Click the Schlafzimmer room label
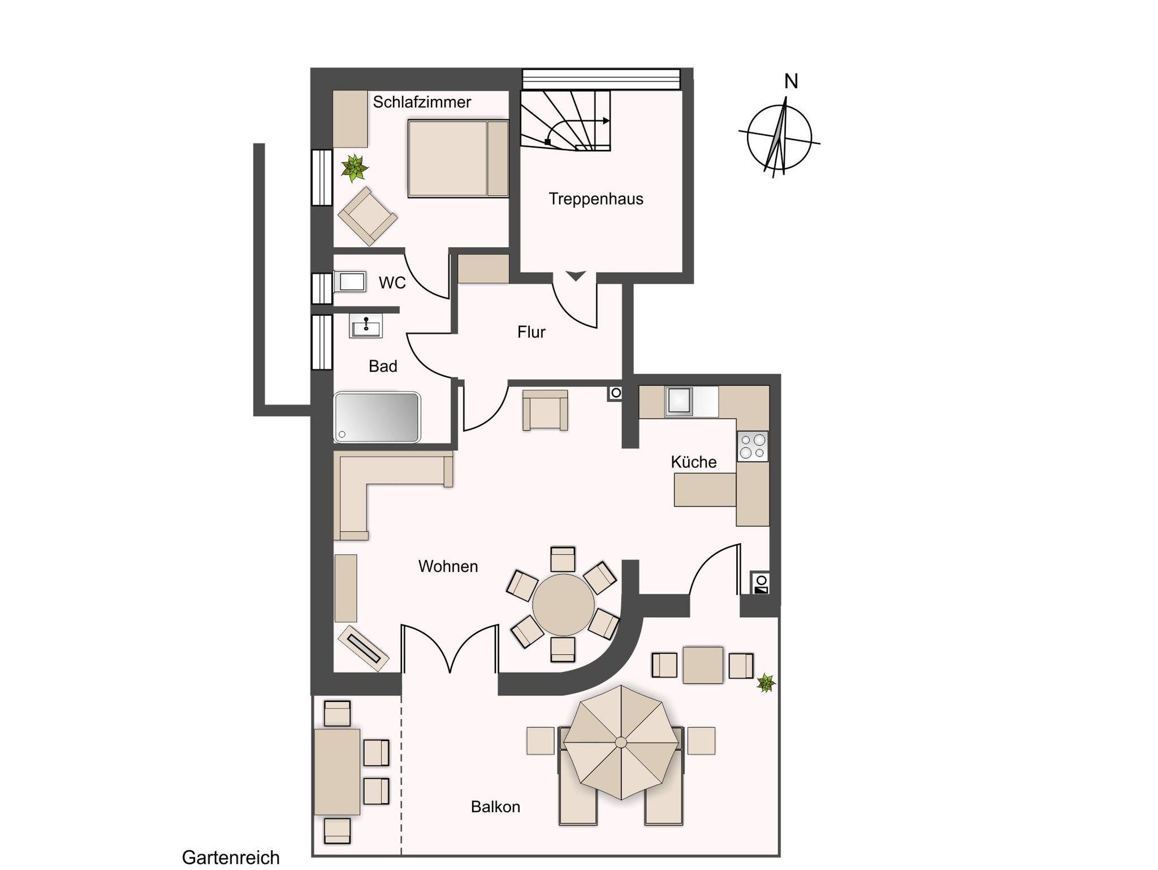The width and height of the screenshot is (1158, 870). (x=422, y=102)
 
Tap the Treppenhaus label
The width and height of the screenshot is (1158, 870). (x=596, y=199)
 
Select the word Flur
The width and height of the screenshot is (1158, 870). (x=531, y=332)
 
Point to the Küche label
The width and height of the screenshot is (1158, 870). (x=694, y=462)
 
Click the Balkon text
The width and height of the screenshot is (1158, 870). (x=495, y=807)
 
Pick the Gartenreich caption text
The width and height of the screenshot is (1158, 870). (x=231, y=858)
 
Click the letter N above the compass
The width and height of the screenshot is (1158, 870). (x=791, y=82)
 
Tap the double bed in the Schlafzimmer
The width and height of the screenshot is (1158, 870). (x=458, y=158)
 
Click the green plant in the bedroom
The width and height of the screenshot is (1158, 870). (x=355, y=168)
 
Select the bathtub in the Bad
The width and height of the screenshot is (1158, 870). (x=377, y=417)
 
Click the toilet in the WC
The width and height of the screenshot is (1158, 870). (x=350, y=281)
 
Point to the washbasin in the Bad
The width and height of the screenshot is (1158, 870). (x=366, y=326)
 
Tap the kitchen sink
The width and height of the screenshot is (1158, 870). (x=679, y=400)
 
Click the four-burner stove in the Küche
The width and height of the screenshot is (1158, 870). (x=753, y=446)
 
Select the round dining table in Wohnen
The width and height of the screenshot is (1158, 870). (x=563, y=605)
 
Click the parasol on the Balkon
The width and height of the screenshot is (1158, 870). (x=621, y=742)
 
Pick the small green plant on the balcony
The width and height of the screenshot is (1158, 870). (x=766, y=683)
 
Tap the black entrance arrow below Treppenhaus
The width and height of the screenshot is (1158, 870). (x=576, y=276)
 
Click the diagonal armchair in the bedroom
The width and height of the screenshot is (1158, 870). (x=368, y=217)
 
